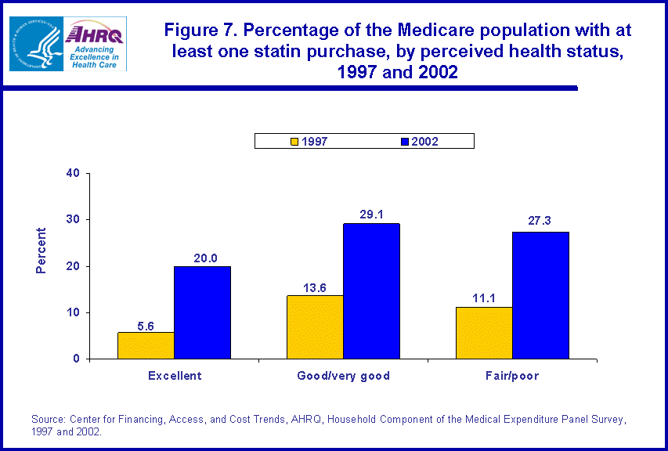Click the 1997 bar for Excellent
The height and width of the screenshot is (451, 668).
tap(146, 345)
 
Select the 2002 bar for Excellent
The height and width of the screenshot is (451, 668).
tap(202, 312)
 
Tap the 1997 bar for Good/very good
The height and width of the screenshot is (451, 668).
tap(315, 327)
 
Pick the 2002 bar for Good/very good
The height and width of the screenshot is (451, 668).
tap(371, 291)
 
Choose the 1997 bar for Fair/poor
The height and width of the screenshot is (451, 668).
tap(484, 333)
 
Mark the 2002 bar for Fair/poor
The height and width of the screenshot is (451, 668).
tap(540, 295)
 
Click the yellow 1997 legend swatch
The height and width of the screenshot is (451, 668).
tap(294, 142)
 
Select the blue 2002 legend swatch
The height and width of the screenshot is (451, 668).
tap(405, 142)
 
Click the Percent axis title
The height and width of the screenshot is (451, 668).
tap(42, 251)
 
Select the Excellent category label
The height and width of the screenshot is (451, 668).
tap(175, 376)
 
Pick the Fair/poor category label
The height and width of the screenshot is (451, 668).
tap(512, 376)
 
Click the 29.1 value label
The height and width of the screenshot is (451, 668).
tap(371, 212)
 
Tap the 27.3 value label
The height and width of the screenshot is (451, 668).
tap(540, 221)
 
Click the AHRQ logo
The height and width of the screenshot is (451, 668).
tap(96, 44)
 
